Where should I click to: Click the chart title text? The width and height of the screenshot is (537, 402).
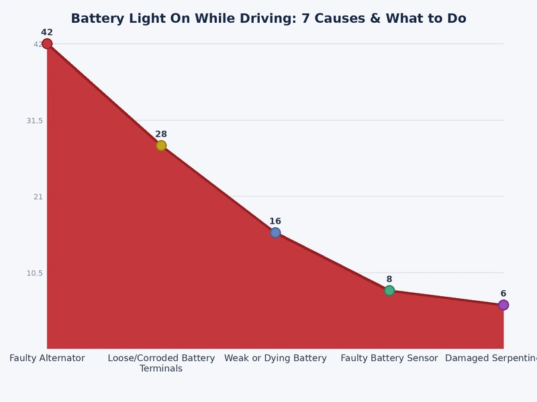268,18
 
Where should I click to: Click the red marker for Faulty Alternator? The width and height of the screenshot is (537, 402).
47,44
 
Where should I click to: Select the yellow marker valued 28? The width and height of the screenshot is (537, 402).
161,145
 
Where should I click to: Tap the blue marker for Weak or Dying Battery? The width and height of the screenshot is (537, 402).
275,232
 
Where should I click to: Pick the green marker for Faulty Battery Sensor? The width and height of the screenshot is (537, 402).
389,290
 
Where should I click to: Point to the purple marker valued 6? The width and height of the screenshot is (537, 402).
503,305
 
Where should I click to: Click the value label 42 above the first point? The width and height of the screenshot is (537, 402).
47,32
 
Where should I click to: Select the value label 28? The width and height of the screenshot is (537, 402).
161,134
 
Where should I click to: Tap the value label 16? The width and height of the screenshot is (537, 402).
275,221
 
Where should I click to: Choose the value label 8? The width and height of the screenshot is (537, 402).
389,279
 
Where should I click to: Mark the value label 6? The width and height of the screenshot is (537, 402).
503,293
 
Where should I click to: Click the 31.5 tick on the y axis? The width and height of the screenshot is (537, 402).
34,121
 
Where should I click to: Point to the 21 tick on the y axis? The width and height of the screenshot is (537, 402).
38,197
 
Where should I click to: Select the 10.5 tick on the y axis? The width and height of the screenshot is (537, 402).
34,273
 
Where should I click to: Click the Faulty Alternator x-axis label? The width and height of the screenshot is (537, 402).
47,358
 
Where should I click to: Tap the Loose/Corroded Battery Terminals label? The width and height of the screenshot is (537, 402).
161,363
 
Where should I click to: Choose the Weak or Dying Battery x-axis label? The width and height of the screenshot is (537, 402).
275,358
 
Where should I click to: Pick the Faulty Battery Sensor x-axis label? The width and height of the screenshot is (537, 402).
389,358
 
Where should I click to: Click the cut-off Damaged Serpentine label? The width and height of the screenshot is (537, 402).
491,358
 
